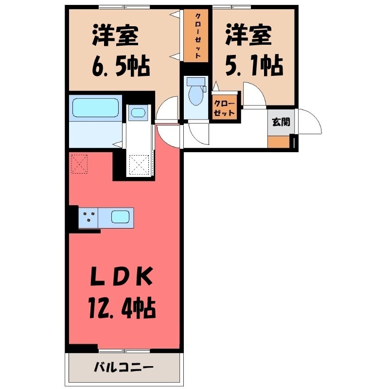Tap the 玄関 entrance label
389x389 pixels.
click(x=280, y=122)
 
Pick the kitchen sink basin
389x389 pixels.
click(x=121, y=216)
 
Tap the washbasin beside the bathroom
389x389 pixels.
click(x=138, y=113)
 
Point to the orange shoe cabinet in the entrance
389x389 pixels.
click(x=279, y=142)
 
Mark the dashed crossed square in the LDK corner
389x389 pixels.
click(x=79, y=163)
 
